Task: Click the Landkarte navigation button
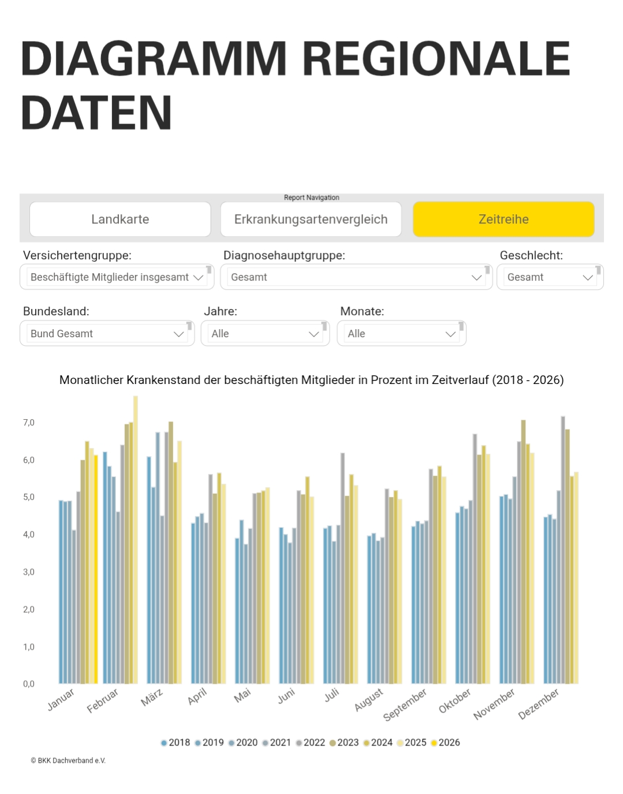coord(120,219)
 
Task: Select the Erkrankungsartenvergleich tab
coord(311,219)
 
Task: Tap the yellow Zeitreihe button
coord(503,219)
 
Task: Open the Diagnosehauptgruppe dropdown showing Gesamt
coord(356,277)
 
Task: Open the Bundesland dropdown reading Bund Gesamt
coord(107,334)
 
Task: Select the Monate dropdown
coord(401,334)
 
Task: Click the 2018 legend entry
coord(176,743)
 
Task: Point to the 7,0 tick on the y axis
coord(29,423)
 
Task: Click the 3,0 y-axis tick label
coord(29,572)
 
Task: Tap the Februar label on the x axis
coord(103,700)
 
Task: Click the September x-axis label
coord(405,704)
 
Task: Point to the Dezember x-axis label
coord(538,704)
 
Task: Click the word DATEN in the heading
coord(96,113)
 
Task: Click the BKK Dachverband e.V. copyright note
coord(68,761)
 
